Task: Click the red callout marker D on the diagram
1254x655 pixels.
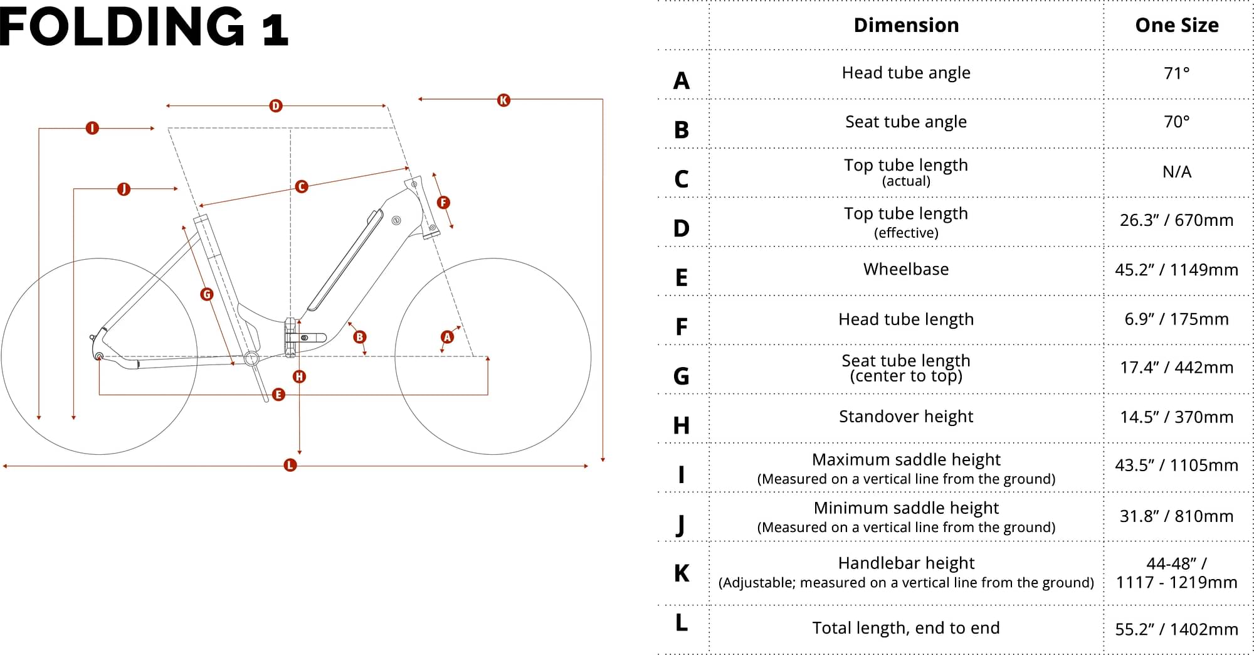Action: coord(276,106)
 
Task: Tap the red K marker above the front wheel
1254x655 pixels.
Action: coord(503,100)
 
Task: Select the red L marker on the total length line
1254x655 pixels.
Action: coord(290,465)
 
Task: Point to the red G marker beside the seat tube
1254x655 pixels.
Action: coord(207,294)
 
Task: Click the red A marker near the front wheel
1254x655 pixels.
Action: coord(447,337)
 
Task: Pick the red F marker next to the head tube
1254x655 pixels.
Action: coord(443,203)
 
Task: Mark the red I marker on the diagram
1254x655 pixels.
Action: coord(92,129)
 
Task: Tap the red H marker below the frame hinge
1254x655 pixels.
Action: coord(300,376)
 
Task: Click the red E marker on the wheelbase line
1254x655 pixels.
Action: coord(279,395)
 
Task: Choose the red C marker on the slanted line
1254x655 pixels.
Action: coord(302,186)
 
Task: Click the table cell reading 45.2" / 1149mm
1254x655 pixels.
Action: coord(1176,270)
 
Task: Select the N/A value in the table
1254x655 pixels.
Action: coord(1177,172)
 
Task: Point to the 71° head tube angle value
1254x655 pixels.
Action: coord(1176,73)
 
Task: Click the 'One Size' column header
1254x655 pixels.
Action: coord(1177,25)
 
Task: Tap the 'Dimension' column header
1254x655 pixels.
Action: coord(906,25)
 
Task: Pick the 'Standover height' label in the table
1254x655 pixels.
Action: coord(906,417)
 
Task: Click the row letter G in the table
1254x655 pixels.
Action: coord(681,376)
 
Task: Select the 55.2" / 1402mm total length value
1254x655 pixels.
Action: coord(1176,629)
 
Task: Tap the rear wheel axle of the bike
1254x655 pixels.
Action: coord(99,356)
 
